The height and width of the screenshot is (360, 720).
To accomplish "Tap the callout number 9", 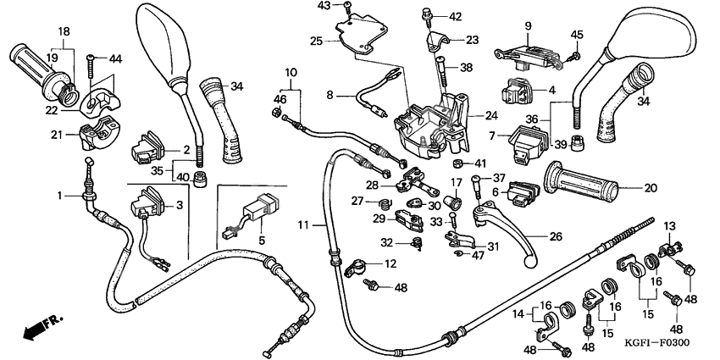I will click(527, 26).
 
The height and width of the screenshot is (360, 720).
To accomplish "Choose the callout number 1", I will click(60, 196).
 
